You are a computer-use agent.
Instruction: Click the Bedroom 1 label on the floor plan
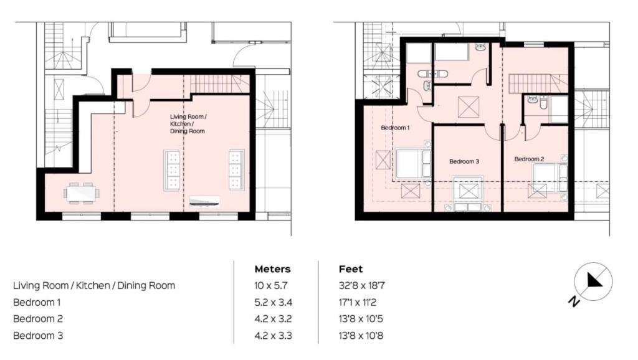395,128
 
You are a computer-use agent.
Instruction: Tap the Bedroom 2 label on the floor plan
529,159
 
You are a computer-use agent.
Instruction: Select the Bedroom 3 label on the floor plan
464,161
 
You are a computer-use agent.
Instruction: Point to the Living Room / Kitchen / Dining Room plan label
188,124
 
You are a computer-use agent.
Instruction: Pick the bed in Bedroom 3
468,194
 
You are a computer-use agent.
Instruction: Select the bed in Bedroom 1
413,164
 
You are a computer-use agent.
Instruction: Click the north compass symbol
593,282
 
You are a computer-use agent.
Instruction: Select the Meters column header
273,269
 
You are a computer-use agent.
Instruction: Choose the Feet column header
351,269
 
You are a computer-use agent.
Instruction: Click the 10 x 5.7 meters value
271,285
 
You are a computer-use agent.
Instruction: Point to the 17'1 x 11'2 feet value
358,302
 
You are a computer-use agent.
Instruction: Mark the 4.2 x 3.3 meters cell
273,336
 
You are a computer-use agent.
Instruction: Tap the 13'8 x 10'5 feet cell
361,319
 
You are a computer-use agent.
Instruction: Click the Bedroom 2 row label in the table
38,319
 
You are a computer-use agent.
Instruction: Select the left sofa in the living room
172,170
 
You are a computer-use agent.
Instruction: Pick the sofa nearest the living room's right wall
236,169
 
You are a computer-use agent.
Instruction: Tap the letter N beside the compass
574,301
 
